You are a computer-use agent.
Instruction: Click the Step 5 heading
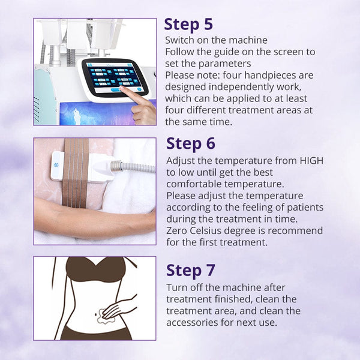coord(188,25)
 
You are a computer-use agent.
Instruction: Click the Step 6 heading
coord(190,144)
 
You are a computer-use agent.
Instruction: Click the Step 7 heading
coord(190,270)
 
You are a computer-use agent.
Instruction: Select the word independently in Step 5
coord(233,87)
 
